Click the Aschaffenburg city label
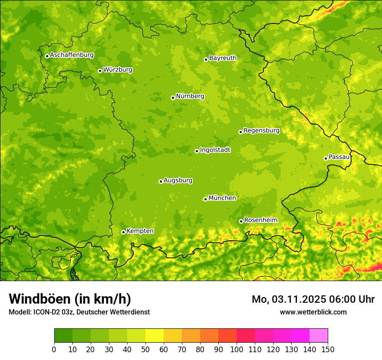72,55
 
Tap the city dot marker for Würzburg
100,71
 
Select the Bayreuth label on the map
223,58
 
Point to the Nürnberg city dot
173,98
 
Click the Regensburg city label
261,131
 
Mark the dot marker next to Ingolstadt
197,151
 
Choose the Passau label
339,157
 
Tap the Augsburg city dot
161,181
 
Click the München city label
222,198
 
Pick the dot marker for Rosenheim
241,221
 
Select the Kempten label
140,231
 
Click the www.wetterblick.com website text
313,312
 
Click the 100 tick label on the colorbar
237,349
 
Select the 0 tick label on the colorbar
54,349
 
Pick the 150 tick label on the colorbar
327,349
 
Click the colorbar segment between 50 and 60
155,336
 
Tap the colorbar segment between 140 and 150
319,336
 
